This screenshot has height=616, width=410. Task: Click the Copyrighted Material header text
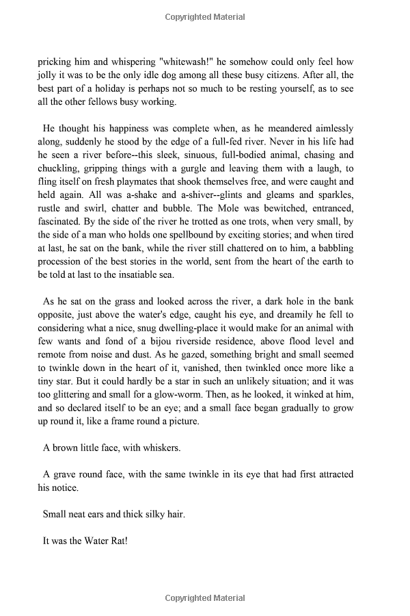point(205,14)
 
